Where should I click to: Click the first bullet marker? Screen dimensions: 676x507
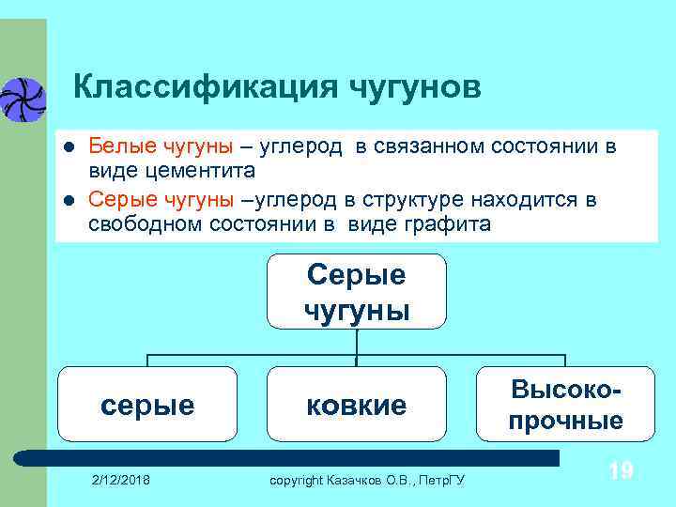tap(65, 148)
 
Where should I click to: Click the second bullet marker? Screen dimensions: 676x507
tap(65, 201)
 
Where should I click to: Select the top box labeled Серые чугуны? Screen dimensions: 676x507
tap(357, 291)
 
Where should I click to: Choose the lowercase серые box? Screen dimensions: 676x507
tap(147, 405)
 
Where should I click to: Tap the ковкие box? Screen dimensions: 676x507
tap(357, 405)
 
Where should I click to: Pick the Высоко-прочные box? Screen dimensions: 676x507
tap(565, 405)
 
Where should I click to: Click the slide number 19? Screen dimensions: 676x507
tap(620, 470)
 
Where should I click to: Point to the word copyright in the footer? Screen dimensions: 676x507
tap(296, 481)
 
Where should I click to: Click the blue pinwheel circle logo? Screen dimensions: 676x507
tap(21, 99)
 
